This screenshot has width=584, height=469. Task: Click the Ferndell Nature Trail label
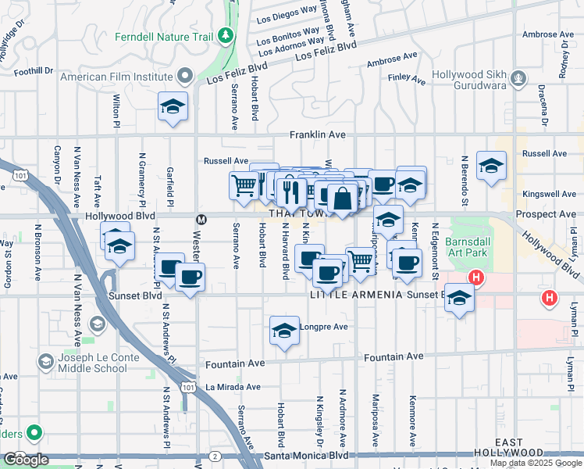click(x=164, y=36)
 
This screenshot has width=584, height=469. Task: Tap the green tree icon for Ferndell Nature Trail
click(x=226, y=35)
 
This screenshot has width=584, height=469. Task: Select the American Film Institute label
click(x=116, y=77)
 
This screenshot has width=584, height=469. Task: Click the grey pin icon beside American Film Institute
click(x=185, y=77)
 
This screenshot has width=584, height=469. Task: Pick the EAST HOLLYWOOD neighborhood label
click(x=508, y=447)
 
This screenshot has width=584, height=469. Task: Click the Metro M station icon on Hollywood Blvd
click(x=201, y=220)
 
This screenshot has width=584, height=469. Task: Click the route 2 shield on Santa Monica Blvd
click(x=212, y=455)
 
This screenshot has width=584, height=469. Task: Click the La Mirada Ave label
click(x=233, y=387)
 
